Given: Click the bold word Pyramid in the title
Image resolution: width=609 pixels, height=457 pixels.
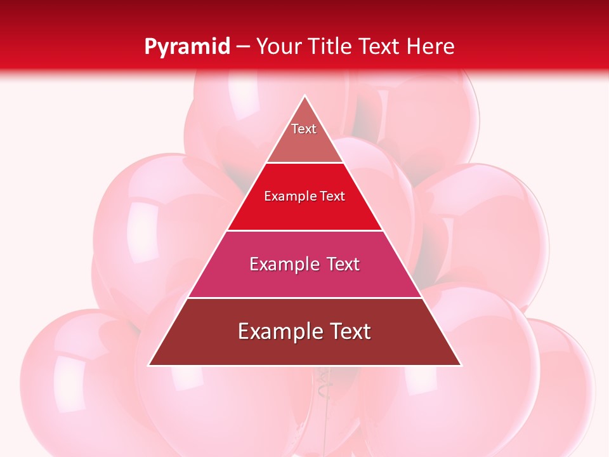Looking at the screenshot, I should coord(187,46).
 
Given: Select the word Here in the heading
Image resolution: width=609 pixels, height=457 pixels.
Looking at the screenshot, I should coord(431,46).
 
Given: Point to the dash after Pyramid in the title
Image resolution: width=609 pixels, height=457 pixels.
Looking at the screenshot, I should coord(243,47).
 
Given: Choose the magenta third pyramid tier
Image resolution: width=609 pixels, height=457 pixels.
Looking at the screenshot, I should coord(304,279).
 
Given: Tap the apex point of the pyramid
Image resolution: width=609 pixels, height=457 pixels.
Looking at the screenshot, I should coord(304,96).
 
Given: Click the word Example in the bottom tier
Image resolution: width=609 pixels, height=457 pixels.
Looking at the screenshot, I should coord(280,331).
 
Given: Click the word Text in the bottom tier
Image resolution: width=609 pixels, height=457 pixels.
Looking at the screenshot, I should coord(350,331).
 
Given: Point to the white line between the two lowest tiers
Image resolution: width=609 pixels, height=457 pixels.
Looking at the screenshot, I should coord(304,298).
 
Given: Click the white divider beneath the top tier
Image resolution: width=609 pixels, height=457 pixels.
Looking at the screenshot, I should coord(304,163).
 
